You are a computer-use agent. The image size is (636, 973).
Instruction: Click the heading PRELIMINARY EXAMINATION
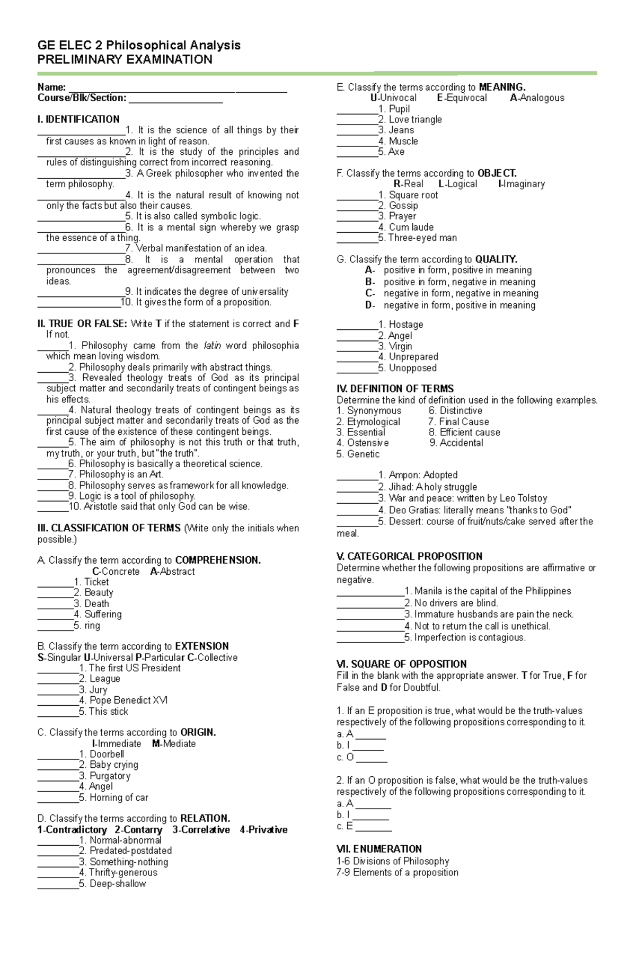[125, 59]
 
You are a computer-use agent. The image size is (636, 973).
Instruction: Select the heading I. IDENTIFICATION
[78, 119]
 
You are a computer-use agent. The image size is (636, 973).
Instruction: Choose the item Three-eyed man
[422, 238]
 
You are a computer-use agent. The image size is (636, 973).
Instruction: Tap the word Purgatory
[110, 776]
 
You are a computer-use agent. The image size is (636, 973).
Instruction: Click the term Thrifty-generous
[123, 872]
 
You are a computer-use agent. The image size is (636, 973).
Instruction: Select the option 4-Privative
[263, 830]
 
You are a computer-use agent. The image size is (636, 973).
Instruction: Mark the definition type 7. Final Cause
[458, 422]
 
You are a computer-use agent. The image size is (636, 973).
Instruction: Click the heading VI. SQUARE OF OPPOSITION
[401, 664]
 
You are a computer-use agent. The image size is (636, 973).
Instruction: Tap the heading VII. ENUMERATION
[379, 849]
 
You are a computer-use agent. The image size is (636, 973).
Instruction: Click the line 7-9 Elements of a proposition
[397, 872]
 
